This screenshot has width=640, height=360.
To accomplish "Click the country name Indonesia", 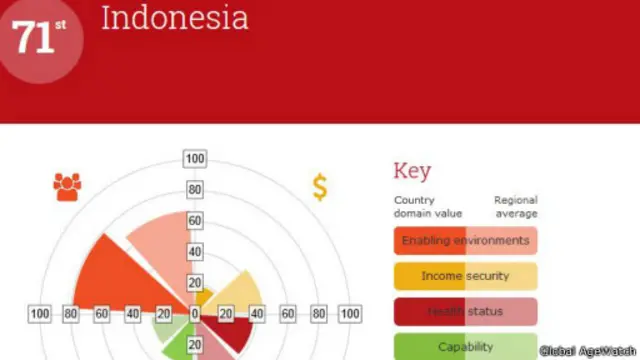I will (x=174, y=18).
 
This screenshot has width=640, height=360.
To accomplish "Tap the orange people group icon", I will (x=68, y=186).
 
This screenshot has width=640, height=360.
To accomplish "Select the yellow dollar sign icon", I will (x=320, y=187).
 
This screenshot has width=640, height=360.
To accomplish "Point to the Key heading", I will (x=412, y=170).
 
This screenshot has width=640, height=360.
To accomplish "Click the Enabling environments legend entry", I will (x=465, y=241).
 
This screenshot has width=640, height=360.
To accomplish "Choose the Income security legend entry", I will (x=465, y=276).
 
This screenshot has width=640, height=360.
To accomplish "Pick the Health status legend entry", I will (x=465, y=312).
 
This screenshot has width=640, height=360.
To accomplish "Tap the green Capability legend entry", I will (x=465, y=346).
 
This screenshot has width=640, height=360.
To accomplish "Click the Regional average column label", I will (x=515, y=207).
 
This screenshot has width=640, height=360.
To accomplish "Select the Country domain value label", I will (x=428, y=207).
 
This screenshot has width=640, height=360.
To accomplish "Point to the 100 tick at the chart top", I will (x=194, y=159).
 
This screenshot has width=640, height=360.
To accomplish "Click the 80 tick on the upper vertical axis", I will (x=194, y=189).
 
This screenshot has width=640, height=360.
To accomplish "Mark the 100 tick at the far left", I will (x=40, y=315).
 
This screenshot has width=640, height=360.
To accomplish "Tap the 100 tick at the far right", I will (x=349, y=315).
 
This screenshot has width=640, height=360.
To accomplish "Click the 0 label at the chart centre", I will (x=195, y=315).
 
